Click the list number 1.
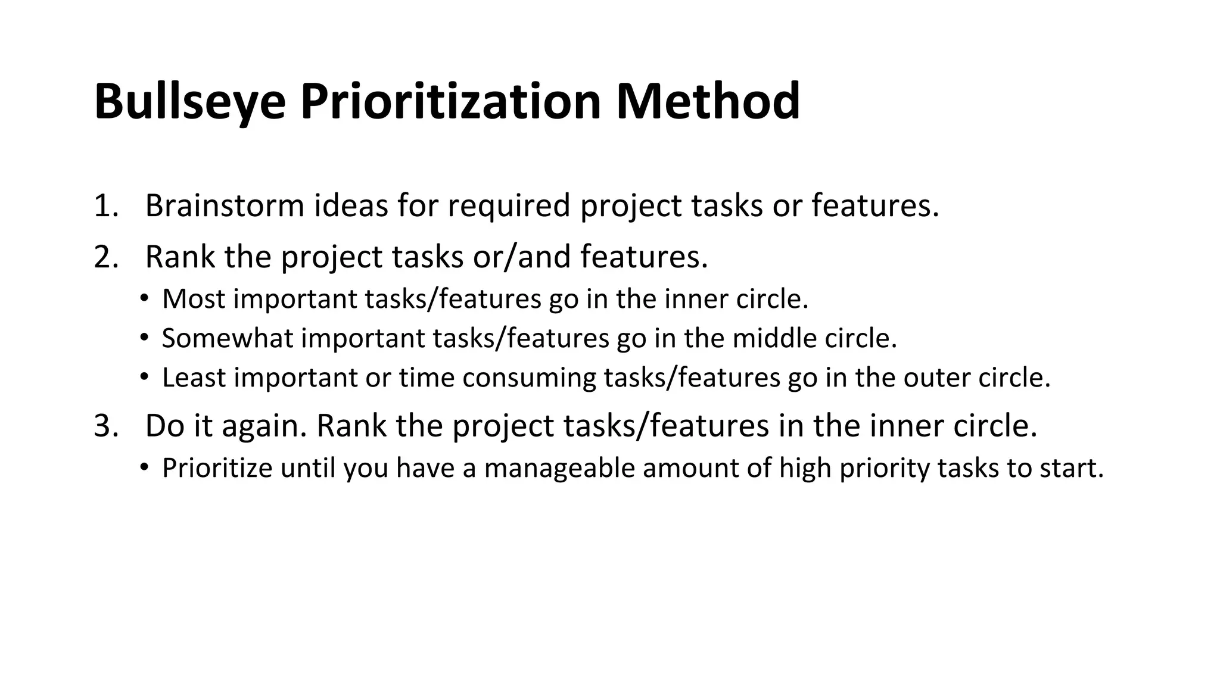tap(105, 206)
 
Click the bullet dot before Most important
tap(144, 298)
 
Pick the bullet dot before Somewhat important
tap(144, 338)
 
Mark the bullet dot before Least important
tap(144, 377)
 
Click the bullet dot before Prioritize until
tap(144, 467)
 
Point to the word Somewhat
tap(227, 338)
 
